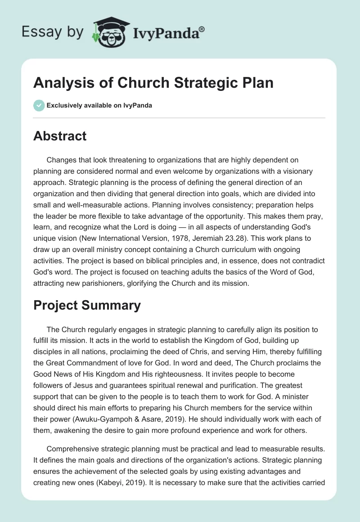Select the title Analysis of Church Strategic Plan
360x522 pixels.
[153, 84]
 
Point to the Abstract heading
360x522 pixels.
[60, 136]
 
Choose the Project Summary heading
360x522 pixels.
[87, 306]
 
